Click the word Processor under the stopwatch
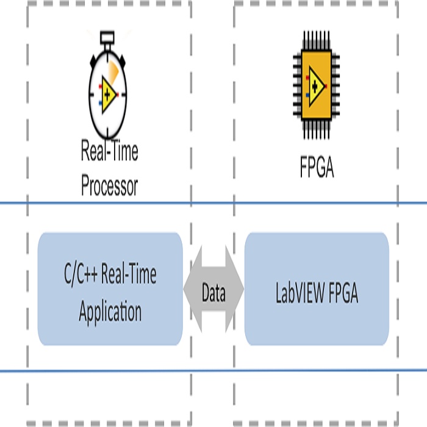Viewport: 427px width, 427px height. point(110,186)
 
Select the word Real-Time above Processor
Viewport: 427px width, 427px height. point(110,151)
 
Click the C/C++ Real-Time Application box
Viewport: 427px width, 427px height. point(110,289)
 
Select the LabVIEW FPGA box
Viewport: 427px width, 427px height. point(317,289)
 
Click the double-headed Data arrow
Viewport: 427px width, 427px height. point(213,289)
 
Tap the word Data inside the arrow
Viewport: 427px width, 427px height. point(213,294)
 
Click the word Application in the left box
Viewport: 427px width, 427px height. point(110,312)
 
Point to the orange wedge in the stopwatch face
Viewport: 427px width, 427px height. point(114,71)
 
